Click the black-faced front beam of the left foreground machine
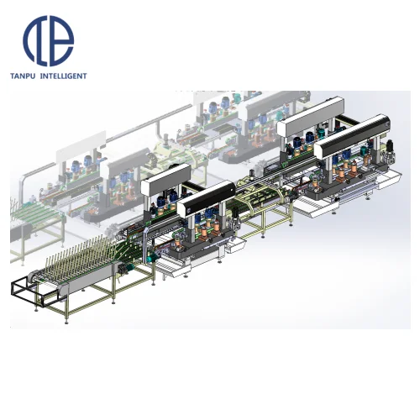(206, 197)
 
